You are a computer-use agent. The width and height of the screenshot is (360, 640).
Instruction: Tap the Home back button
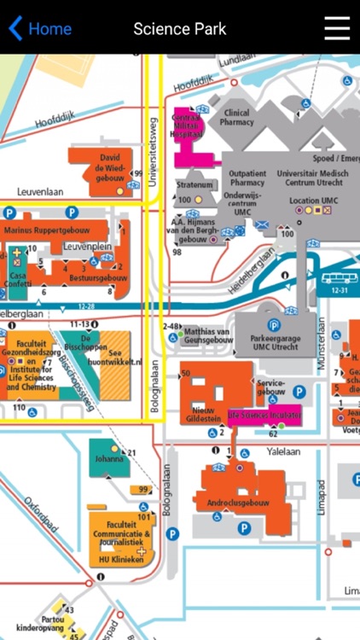tap(39, 29)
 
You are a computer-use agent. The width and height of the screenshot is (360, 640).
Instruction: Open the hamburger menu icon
tap(337, 28)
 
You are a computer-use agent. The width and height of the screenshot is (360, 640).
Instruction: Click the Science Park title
tap(180, 29)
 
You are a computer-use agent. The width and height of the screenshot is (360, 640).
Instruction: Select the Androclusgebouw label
tap(238, 503)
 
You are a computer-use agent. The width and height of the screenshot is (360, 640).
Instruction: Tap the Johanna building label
tap(108, 459)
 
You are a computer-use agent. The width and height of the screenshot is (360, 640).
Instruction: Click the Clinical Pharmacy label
tap(236, 117)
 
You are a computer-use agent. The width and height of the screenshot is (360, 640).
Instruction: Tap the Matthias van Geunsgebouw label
tap(208, 335)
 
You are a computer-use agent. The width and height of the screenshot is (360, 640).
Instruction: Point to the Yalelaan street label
tap(282, 450)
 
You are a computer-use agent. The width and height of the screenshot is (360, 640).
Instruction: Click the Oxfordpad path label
tap(40, 515)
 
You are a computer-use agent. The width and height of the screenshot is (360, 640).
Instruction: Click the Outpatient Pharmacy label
tap(248, 177)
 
